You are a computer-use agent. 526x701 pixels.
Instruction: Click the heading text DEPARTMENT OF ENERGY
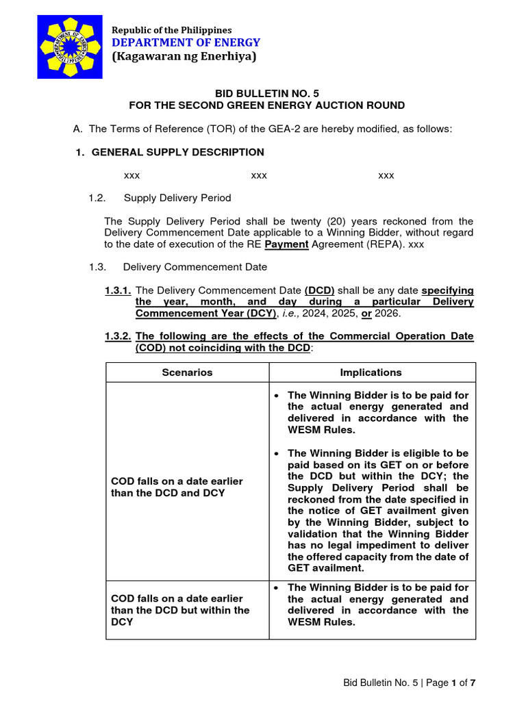pos(186,43)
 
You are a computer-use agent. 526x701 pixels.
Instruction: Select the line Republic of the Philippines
pos(172,30)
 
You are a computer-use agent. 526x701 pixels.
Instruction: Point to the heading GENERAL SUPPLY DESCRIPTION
pos(177,152)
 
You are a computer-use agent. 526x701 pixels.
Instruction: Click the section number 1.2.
pos(97,198)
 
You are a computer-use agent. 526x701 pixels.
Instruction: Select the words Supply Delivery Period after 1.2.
pos(177,198)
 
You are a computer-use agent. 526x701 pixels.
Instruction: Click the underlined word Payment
pos(286,244)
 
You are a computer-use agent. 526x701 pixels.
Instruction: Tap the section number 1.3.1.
pos(118,290)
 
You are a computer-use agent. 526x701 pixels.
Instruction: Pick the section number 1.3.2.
pos(118,337)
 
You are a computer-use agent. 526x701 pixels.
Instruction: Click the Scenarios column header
pos(187,372)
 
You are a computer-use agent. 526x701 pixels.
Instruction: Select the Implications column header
pos(371,372)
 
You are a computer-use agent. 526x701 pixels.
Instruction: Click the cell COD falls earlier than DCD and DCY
pos(177,487)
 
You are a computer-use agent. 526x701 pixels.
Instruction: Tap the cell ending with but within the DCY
pos(180,610)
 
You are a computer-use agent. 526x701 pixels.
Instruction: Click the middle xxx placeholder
pos(259,176)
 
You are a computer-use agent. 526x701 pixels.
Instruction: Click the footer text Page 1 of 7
pos(449,683)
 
